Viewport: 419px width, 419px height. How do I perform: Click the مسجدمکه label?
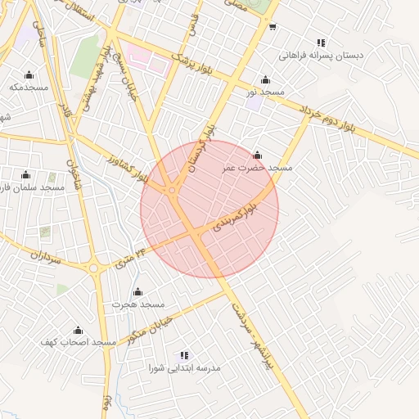coord(29,86)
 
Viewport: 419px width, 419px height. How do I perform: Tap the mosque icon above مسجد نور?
coord(265,80)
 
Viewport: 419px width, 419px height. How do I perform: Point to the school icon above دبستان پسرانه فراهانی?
coord(321,43)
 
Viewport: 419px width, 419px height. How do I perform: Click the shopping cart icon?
coord(272,26)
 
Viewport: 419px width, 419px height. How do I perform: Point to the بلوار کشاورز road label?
coord(127,167)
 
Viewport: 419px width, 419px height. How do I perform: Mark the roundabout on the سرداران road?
coord(93,268)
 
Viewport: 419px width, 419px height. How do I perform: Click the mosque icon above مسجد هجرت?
coord(137,292)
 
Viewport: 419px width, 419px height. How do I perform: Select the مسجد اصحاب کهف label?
coord(78,340)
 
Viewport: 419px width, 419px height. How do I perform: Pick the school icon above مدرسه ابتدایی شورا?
coord(184,356)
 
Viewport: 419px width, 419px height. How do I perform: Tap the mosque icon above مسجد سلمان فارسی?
coord(25,174)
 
